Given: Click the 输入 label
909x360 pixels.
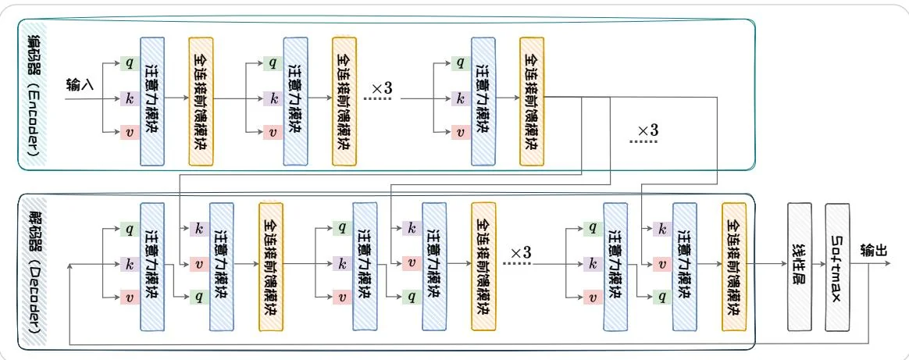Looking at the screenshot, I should point(80,84).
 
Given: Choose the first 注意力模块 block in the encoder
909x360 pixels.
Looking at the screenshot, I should point(152,101).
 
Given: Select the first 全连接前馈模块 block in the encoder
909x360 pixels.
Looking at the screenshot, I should point(200,101).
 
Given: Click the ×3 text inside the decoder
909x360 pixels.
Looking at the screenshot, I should point(519,253).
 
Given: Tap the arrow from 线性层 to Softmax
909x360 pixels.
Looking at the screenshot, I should point(818,264).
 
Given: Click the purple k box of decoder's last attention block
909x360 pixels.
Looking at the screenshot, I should point(662,230).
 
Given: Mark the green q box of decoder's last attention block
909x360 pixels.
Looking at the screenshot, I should point(662,297).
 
